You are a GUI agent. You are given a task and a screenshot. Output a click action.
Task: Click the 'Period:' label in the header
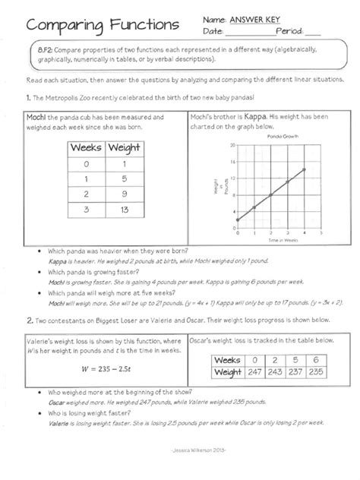[290, 32]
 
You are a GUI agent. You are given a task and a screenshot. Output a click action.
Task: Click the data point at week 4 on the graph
[304, 169]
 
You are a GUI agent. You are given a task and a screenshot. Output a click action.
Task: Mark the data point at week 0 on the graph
[238, 219]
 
